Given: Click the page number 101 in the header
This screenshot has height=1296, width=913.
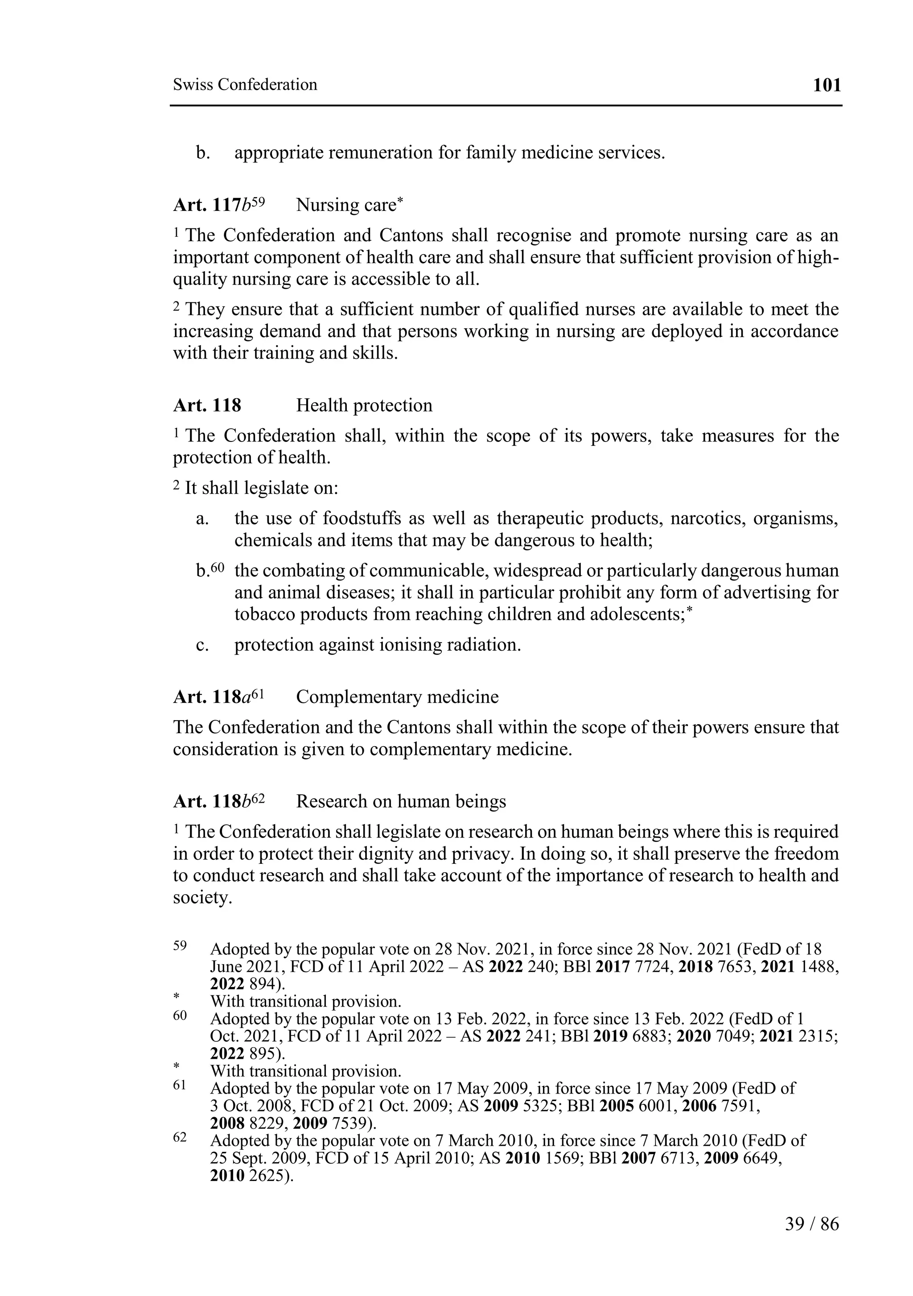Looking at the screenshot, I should pyautogui.click(x=827, y=85).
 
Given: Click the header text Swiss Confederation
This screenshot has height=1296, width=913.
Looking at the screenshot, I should pyautogui.click(x=245, y=85).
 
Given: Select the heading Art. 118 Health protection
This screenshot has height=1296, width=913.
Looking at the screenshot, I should pyautogui.click(x=302, y=405).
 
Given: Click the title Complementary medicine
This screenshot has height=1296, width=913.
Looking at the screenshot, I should pyautogui.click(x=397, y=697).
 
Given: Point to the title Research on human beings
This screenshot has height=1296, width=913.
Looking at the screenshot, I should pyautogui.click(x=401, y=801).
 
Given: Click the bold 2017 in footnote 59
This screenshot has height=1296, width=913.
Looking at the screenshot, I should pyautogui.click(x=612, y=967).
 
